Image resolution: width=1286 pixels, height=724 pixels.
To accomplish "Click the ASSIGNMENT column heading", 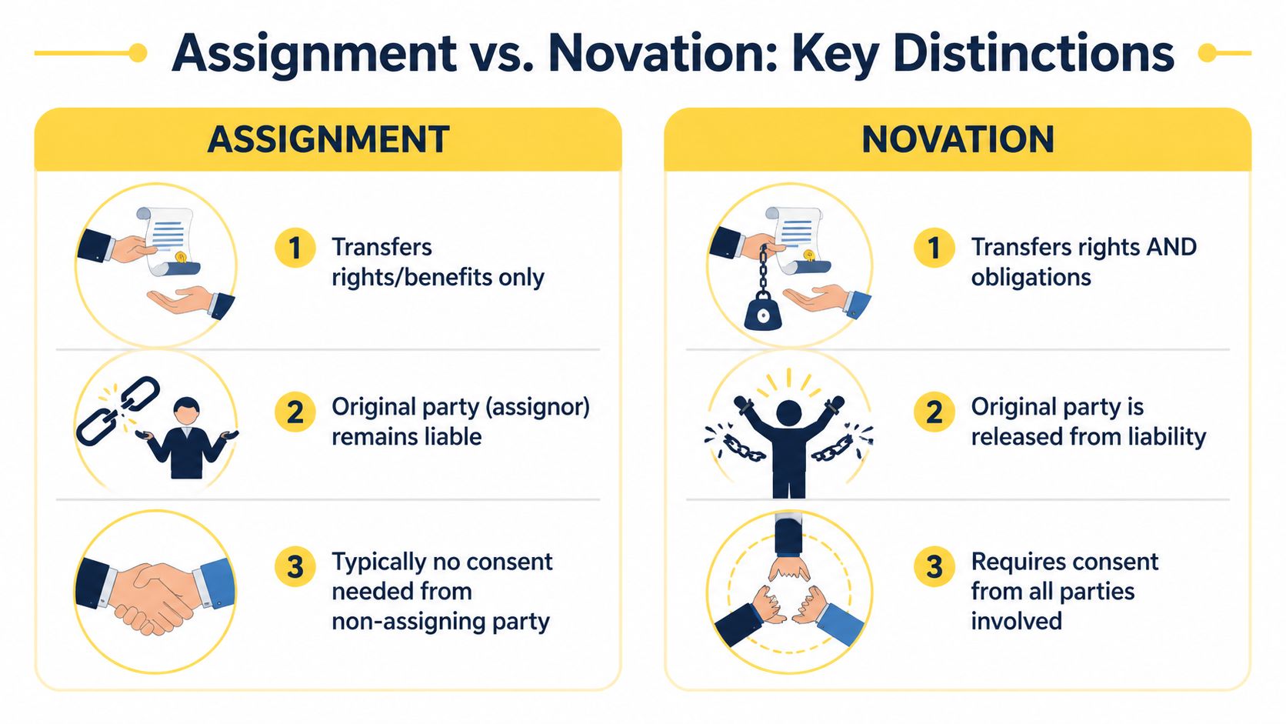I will (x=328, y=139).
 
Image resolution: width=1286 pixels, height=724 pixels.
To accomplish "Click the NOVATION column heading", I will (x=958, y=139).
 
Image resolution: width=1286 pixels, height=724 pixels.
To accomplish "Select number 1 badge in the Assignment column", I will (x=295, y=248).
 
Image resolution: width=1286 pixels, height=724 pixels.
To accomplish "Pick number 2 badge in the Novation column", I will (x=934, y=412).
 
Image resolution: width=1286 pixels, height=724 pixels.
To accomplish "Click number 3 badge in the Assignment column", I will (x=295, y=567).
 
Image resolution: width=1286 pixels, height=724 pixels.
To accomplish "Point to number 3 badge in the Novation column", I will (x=934, y=567).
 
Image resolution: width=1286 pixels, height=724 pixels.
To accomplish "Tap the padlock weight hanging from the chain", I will (x=762, y=314).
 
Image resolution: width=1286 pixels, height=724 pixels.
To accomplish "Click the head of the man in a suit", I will (x=186, y=409).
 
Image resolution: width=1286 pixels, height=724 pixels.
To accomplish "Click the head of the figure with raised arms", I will (x=788, y=412).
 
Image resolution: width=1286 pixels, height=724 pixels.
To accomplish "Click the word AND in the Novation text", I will (x=1171, y=247).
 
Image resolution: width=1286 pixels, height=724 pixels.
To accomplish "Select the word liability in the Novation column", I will (x=1167, y=437).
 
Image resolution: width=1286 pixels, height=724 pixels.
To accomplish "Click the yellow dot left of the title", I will (x=138, y=53).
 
